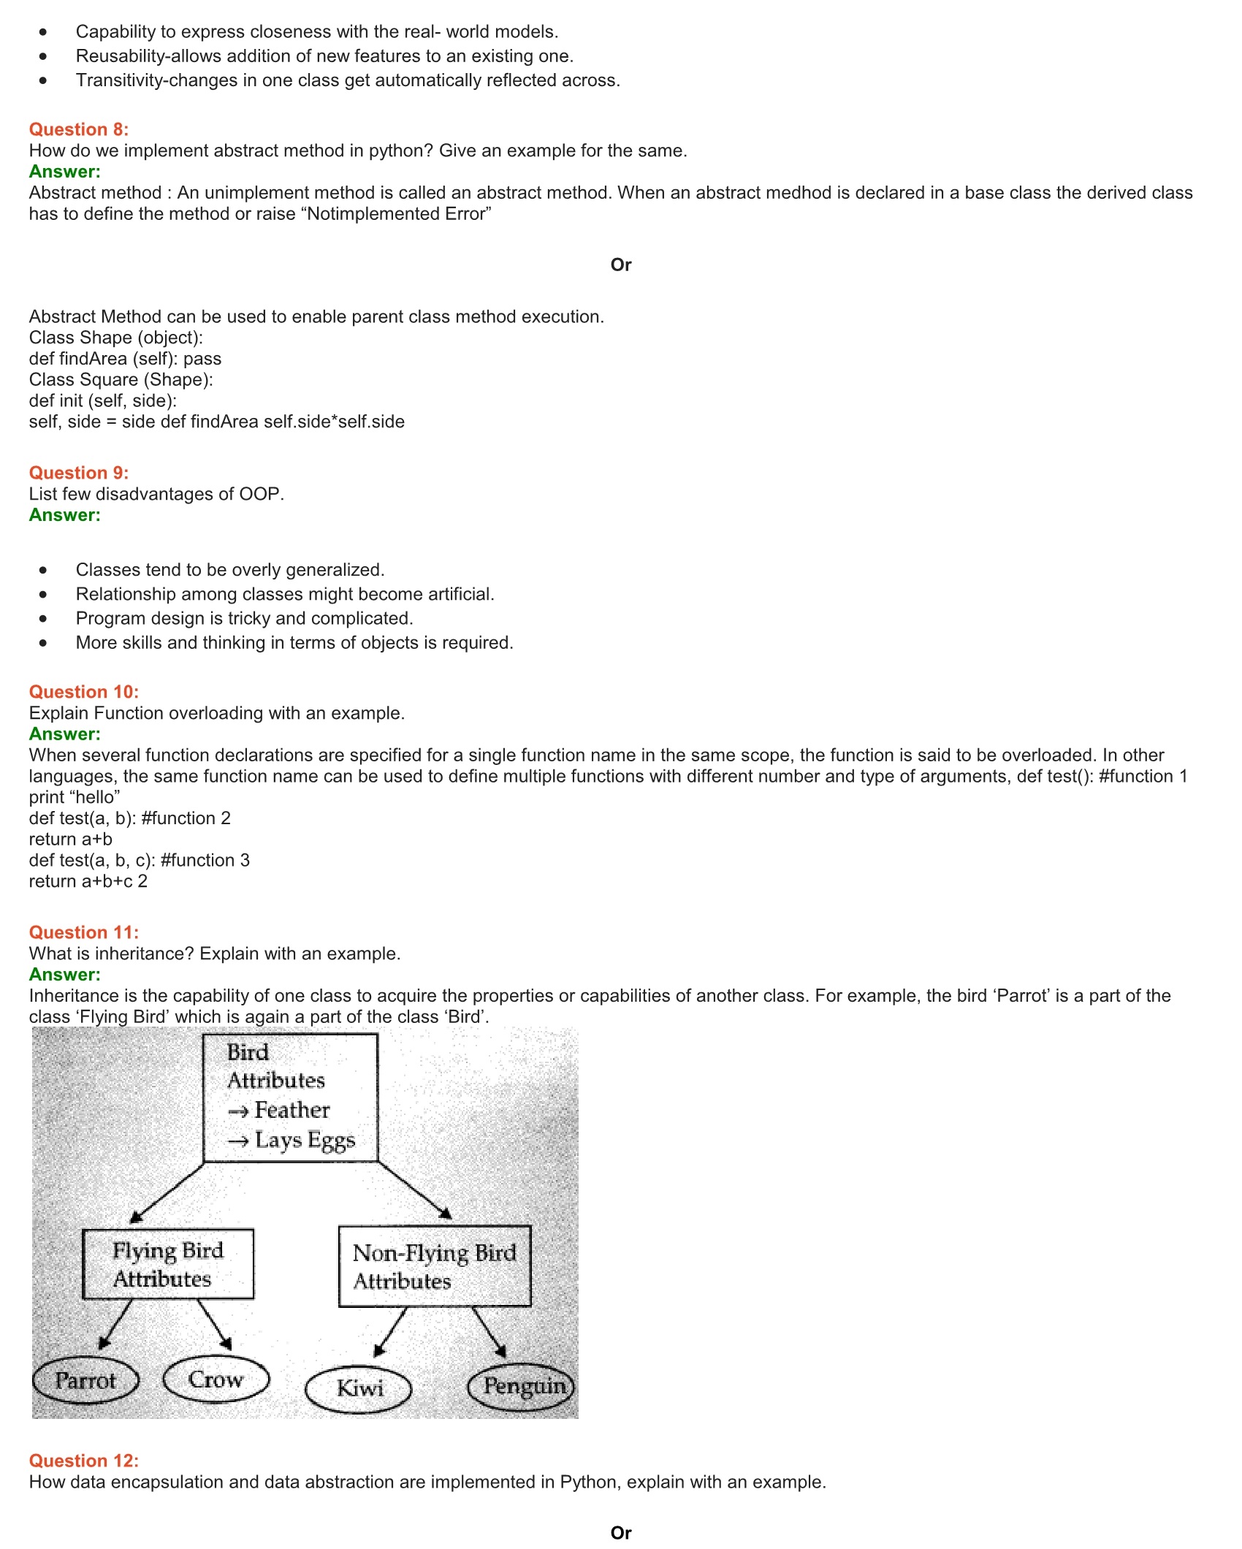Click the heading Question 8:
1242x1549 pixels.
click(79, 129)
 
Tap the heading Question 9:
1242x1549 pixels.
click(79, 473)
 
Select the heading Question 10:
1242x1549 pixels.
click(84, 692)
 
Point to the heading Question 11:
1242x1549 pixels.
click(84, 932)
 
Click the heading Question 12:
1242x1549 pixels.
click(84, 1461)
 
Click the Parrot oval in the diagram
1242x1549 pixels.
click(86, 1380)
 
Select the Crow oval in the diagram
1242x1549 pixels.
click(216, 1379)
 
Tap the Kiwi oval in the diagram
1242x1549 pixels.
click(359, 1388)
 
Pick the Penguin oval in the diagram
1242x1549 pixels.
click(522, 1385)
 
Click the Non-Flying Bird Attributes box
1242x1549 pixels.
click(435, 1266)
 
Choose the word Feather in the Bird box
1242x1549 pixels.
click(292, 1110)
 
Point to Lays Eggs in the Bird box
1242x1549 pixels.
click(305, 1140)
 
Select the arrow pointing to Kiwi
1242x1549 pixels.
click(391, 1331)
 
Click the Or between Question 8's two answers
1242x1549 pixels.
click(621, 264)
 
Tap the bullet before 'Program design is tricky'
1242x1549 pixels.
click(44, 618)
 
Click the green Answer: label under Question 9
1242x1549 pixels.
click(65, 515)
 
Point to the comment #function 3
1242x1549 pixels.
click(205, 860)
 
